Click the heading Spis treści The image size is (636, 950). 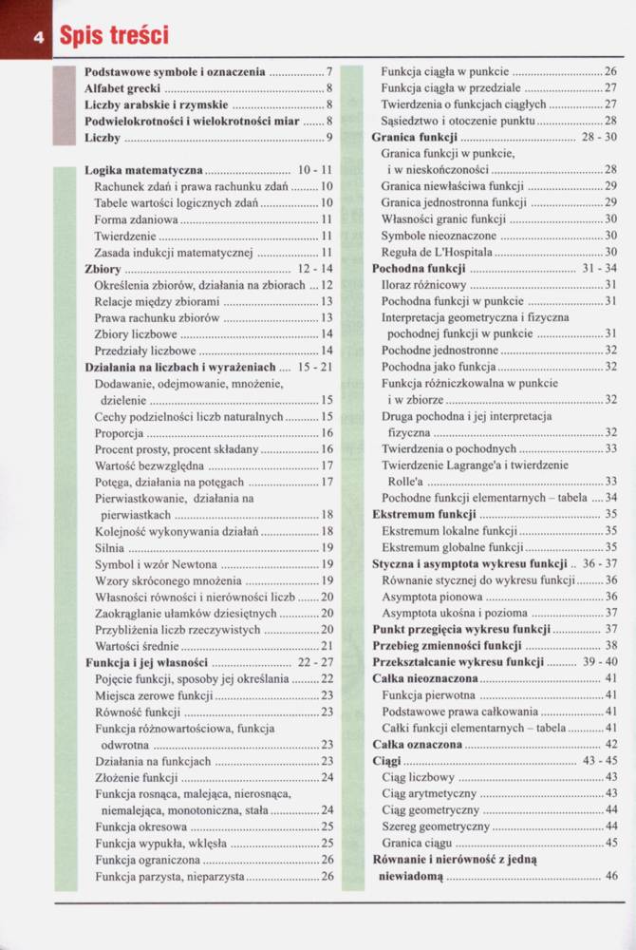tap(113, 36)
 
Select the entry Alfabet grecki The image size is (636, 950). tap(122, 87)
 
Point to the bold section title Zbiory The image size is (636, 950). tap(103, 270)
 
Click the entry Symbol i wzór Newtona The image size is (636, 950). tap(156, 564)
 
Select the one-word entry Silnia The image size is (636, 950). tap(110, 548)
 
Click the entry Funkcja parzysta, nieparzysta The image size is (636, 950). tap(170, 876)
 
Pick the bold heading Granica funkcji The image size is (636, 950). tap(413, 137)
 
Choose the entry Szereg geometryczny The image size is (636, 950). tap(436, 826)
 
